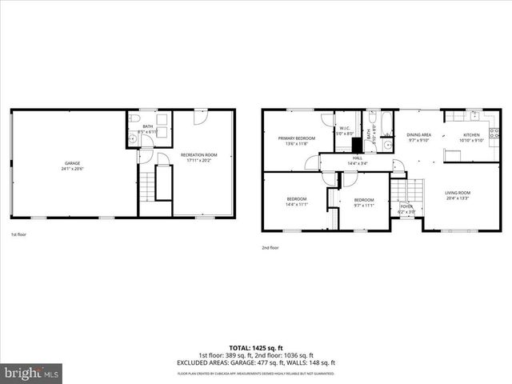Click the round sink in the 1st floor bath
(x=132, y=138)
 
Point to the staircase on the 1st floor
(x=163, y=184)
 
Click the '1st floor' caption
(x=20, y=234)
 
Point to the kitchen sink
(x=474, y=114)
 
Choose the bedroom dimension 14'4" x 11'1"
(x=297, y=205)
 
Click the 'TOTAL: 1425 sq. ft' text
(x=256, y=346)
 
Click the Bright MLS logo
(x=32, y=372)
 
